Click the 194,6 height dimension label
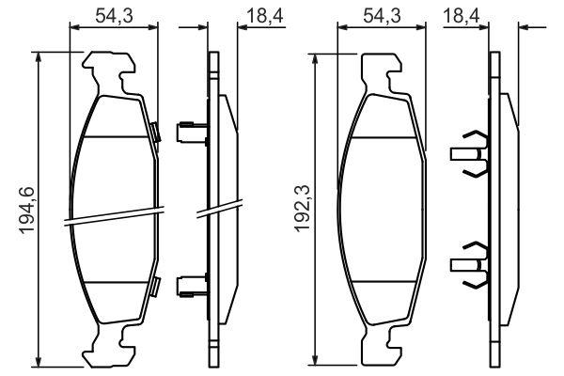point(27,211)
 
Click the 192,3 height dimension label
point(302,208)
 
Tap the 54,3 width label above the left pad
point(114,16)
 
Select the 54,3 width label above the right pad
point(382,16)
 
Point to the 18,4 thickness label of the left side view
point(265,16)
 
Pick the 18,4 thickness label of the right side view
point(462,16)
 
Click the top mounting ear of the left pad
point(109,73)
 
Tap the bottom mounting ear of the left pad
point(109,344)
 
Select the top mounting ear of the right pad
point(382,73)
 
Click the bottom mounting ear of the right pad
point(382,343)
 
